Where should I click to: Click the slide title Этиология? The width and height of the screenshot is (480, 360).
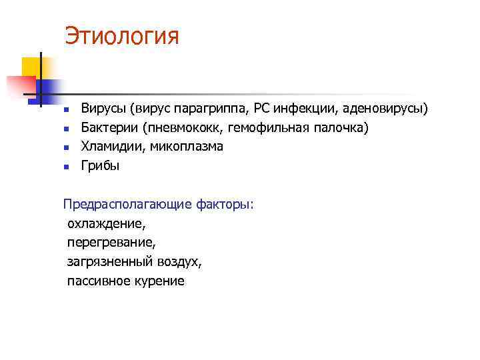click(x=122, y=36)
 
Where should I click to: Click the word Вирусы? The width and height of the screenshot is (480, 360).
click(x=103, y=108)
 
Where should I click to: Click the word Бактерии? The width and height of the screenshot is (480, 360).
click(x=108, y=127)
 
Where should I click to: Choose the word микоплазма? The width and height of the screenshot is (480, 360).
click(x=187, y=147)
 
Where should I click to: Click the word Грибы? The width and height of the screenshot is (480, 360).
click(x=100, y=166)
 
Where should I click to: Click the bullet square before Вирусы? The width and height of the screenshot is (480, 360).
click(x=66, y=109)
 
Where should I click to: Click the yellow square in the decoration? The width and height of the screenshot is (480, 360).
click(x=31, y=67)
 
